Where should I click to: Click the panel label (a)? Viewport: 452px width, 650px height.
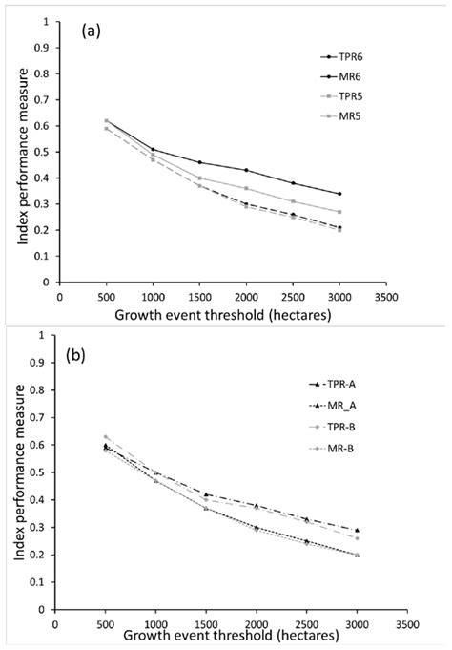(93, 32)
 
